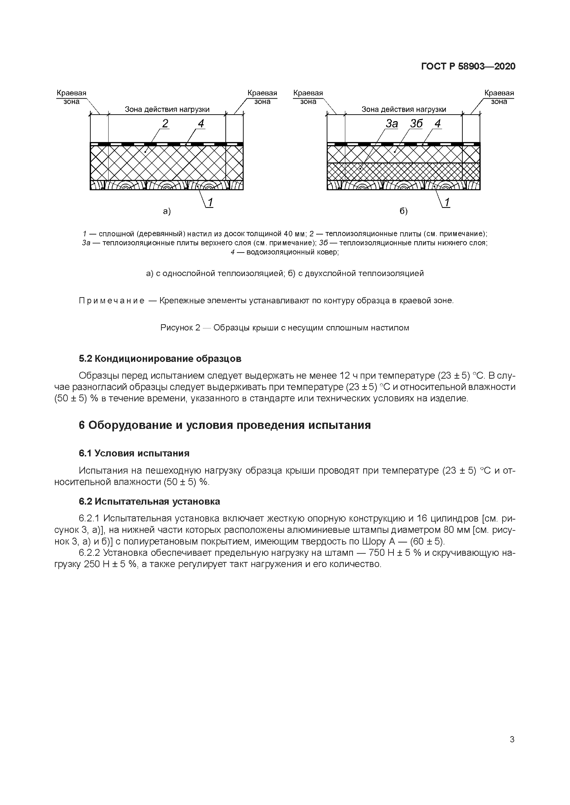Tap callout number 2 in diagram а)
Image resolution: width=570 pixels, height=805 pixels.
(165, 123)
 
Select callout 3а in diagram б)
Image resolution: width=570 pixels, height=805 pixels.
(392, 123)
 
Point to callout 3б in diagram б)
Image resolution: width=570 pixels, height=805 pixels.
(416, 123)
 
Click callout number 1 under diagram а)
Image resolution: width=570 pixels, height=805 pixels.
(210, 202)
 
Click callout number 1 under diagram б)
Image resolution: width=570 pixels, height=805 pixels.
(447, 202)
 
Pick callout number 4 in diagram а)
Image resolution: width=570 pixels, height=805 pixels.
(201, 123)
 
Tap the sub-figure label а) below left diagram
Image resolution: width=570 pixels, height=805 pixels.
(167, 211)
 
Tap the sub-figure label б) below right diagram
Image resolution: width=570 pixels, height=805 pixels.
(404, 211)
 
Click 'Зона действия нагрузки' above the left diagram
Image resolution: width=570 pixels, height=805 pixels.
(167, 109)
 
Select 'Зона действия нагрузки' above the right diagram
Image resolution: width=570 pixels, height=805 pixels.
(404, 109)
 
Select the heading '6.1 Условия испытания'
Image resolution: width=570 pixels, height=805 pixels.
(134, 453)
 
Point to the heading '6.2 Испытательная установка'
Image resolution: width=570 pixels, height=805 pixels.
(150, 501)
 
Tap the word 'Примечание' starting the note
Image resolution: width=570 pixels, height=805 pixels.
(112, 301)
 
